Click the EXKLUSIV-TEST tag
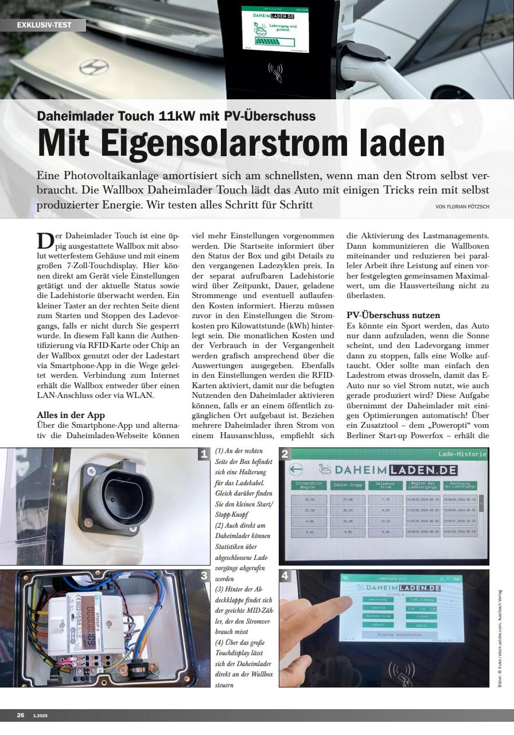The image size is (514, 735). point(43,25)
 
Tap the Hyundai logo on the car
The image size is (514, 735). point(94,67)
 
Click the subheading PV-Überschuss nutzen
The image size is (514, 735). point(394,315)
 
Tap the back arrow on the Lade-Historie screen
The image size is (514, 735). point(296,470)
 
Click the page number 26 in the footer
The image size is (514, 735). point(21,715)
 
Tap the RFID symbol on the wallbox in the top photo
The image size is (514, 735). point(275,72)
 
